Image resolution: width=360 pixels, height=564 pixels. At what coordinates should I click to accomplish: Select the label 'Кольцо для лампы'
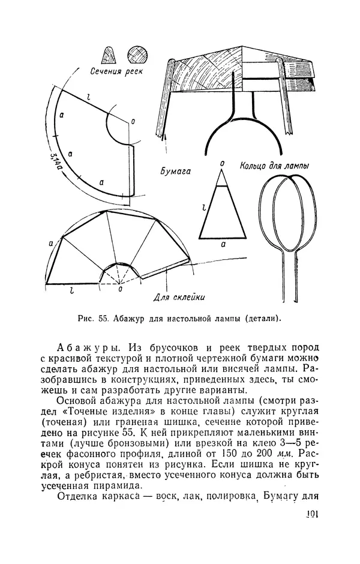pyautogui.click(x=272, y=165)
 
